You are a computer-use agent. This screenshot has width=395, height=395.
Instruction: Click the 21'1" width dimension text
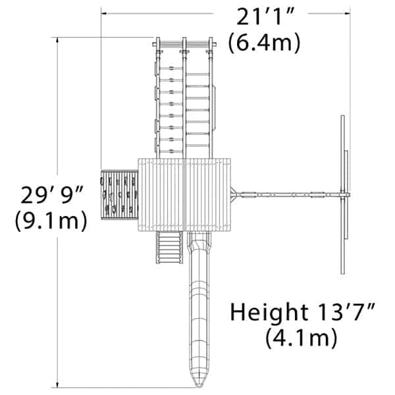point(265,16)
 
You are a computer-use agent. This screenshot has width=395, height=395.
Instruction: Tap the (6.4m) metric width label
point(264,42)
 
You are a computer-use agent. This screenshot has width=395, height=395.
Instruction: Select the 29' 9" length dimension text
point(51,195)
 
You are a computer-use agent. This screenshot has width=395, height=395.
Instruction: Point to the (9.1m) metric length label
point(51,221)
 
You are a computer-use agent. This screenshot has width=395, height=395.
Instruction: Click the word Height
point(269,312)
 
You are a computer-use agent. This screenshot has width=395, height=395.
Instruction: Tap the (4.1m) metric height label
point(302,338)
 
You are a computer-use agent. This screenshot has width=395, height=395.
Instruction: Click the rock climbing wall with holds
point(119,195)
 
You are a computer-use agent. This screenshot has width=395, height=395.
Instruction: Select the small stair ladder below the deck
point(169,247)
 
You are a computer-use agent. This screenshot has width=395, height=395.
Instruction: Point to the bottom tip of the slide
point(199,386)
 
